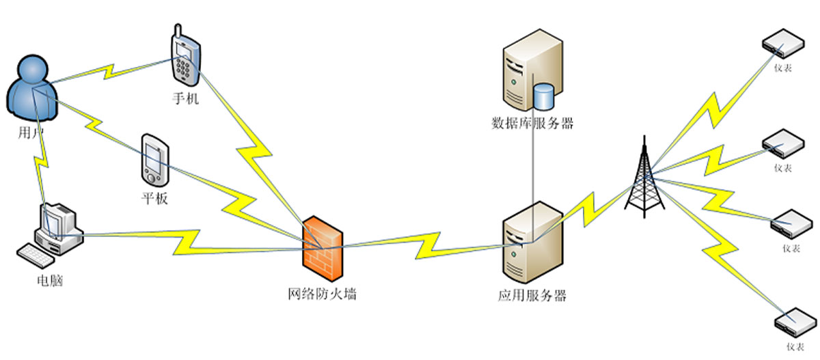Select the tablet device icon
point(154,161)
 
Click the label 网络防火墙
point(322,296)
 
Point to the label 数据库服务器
point(532,124)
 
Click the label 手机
point(185,99)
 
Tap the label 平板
point(153,199)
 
